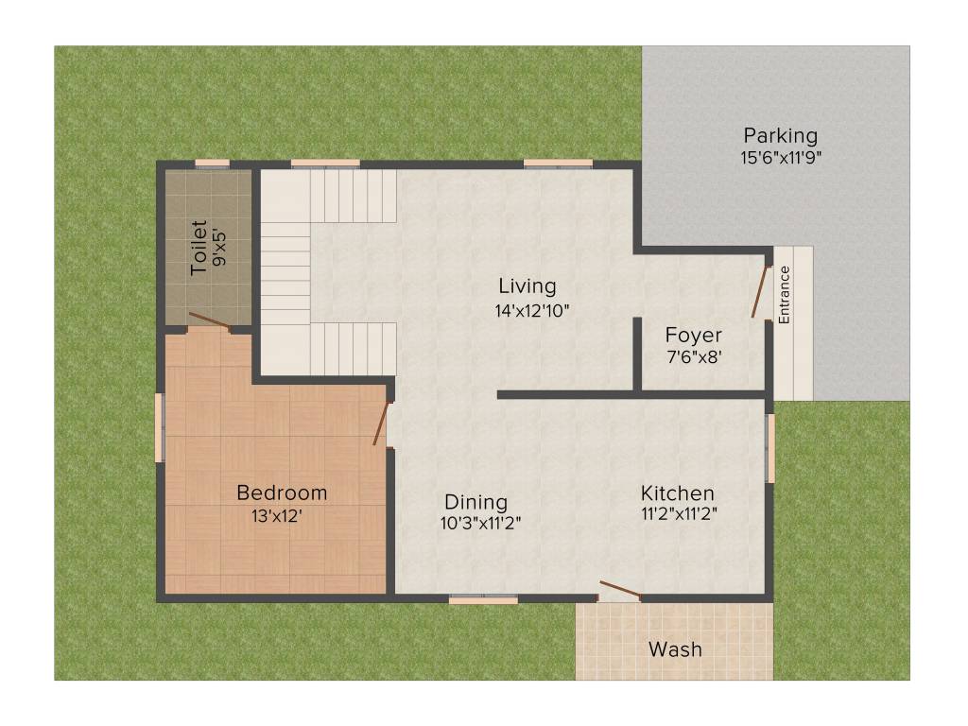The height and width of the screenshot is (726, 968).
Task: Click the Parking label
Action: click(x=780, y=136)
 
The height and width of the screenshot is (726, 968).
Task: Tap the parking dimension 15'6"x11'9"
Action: click(x=780, y=158)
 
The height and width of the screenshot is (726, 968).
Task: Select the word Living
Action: click(x=527, y=286)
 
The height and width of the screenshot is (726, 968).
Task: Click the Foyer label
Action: click(x=693, y=336)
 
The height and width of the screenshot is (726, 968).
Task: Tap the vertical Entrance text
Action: click(x=784, y=295)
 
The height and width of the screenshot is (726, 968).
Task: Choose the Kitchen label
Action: click(x=677, y=493)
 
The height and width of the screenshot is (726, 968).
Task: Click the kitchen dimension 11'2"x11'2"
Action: click(x=677, y=516)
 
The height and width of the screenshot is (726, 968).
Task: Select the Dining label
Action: click(x=476, y=502)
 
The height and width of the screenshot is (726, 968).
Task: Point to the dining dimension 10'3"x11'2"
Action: click(x=480, y=522)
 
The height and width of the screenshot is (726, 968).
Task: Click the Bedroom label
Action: click(x=282, y=493)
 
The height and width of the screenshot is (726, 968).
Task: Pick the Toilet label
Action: click(x=199, y=248)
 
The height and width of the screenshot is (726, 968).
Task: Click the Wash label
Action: click(x=675, y=649)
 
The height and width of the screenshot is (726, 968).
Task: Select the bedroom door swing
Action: click(x=381, y=423)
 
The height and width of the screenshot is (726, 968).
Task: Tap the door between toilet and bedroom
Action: click(x=209, y=320)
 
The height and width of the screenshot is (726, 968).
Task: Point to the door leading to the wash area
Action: click(x=620, y=591)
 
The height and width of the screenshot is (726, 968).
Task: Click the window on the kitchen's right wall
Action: click(x=770, y=447)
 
